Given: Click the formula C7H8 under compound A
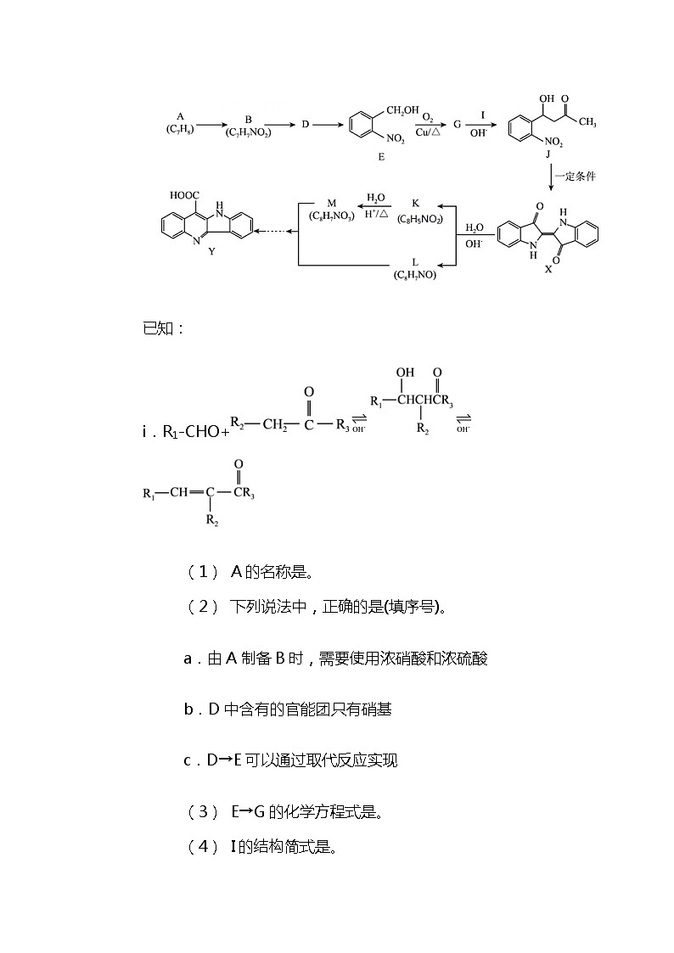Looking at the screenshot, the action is click(180, 130).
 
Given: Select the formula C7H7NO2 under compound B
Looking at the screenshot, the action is click(248, 132).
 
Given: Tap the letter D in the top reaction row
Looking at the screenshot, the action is click(305, 125).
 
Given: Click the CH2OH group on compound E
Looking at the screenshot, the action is click(402, 110).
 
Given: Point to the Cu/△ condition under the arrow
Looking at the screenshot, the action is click(428, 132).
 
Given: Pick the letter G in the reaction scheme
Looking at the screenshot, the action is click(457, 125).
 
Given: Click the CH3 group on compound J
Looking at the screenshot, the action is click(587, 122).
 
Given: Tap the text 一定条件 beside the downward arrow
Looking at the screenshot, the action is click(575, 177).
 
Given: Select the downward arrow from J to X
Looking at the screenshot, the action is click(550, 179).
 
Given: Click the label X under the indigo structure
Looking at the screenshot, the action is click(548, 269).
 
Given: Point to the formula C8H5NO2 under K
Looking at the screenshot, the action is click(420, 220).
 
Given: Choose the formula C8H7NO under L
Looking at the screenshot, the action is click(415, 275).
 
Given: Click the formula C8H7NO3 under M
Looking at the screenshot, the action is click(331, 216).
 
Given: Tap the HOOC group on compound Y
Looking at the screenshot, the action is click(184, 195).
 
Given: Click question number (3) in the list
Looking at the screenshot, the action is click(204, 811).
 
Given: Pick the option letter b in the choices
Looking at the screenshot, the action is click(188, 709).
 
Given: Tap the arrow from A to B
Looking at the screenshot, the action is click(211, 126).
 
